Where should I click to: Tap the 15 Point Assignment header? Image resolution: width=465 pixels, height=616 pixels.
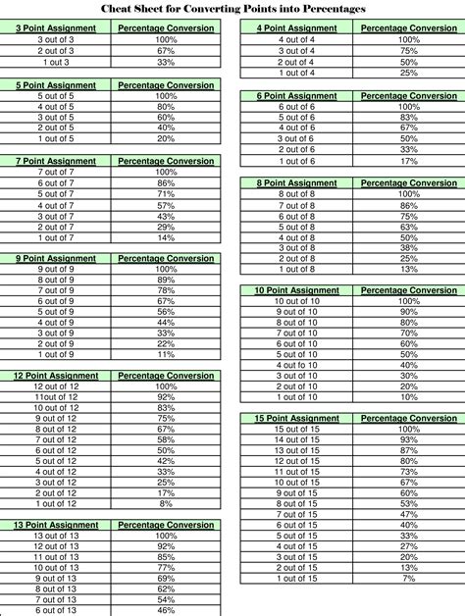pyautogui.click(x=297, y=418)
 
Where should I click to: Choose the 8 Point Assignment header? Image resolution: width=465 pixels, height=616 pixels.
pyautogui.click(x=297, y=182)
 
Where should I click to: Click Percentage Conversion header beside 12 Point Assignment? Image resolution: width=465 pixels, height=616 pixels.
pyautogui.click(x=166, y=376)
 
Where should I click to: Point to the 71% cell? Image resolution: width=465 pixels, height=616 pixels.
pyautogui.click(x=166, y=194)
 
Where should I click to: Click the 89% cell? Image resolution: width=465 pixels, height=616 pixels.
pyautogui.click(x=166, y=280)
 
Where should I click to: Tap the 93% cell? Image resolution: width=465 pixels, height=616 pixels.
pyautogui.click(x=408, y=439)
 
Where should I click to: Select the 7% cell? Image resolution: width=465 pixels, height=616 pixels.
pyautogui.click(x=408, y=579)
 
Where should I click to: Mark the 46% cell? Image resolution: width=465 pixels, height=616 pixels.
pyautogui.click(x=166, y=610)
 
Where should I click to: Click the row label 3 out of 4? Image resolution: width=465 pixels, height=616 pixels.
pyautogui.click(x=297, y=50)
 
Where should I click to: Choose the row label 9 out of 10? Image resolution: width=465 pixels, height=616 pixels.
pyautogui.click(x=297, y=311)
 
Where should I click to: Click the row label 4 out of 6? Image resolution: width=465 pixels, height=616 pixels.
pyautogui.click(x=297, y=128)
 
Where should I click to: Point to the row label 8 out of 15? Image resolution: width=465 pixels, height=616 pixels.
pyautogui.click(x=297, y=503)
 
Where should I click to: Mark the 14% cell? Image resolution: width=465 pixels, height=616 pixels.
pyautogui.click(x=166, y=237)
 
